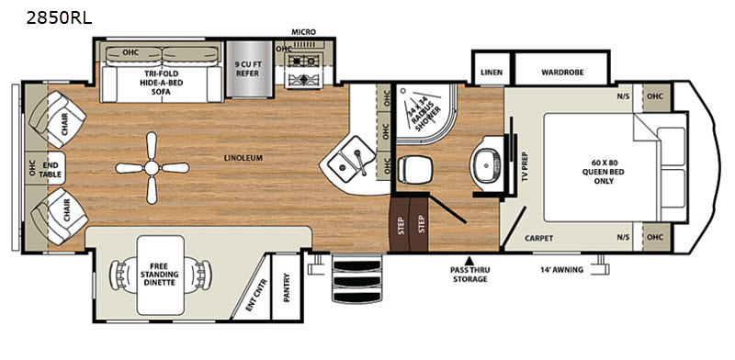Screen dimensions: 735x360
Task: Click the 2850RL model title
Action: coord(59,17)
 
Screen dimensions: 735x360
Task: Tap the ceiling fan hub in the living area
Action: coord(152,168)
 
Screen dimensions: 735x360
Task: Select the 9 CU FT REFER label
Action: coord(247,70)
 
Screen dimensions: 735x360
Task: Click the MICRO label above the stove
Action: coord(304,32)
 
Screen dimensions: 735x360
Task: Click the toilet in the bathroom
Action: coord(415,169)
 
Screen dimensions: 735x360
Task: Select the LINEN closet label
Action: coord(492,73)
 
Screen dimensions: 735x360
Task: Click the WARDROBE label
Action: coord(562,73)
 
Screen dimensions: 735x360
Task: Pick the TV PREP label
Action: coord(525,168)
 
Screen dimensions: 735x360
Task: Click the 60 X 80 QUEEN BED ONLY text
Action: coord(604,172)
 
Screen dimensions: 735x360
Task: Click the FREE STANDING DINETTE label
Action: coord(160,274)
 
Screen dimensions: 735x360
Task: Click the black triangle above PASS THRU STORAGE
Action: coord(469,261)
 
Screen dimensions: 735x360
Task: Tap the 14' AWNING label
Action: coord(560,269)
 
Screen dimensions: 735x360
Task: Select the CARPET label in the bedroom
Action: coord(539,238)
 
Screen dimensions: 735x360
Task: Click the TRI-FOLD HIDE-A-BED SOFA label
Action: coord(161,83)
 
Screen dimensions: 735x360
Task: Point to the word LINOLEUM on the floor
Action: coord(243,158)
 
